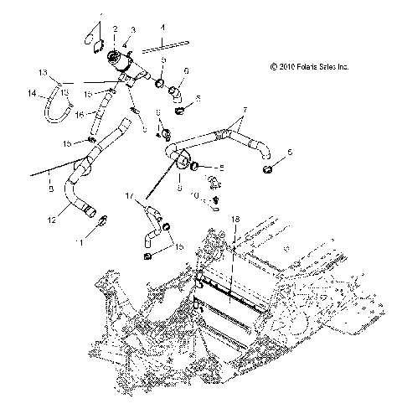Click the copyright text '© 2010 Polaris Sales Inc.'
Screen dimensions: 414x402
coord(309,65)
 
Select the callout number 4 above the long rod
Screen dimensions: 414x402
coord(162,28)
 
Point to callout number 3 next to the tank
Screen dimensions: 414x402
coord(131,29)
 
